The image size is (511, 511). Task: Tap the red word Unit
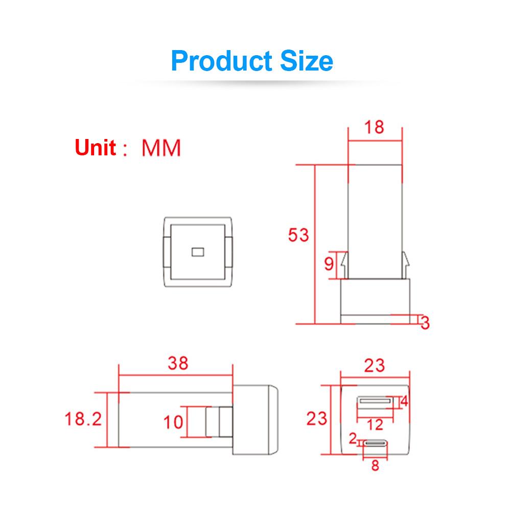[96, 148]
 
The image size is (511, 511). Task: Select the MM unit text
[161, 148]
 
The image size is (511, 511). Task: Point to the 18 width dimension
[375, 126]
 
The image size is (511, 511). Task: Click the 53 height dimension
[298, 236]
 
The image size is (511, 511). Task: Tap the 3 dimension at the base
[425, 323]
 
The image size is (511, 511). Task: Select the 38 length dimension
[178, 363]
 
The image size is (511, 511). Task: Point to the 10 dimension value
[173, 422]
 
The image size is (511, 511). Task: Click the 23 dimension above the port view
[375, 365]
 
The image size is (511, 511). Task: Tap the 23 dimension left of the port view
[317, 419]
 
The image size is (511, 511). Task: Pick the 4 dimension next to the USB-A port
[405, 402]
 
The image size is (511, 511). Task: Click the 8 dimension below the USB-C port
[375, 466]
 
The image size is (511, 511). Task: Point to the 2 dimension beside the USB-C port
[352, 437]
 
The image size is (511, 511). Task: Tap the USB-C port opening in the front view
[375, 444]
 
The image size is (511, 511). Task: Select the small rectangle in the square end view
[197, 251]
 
